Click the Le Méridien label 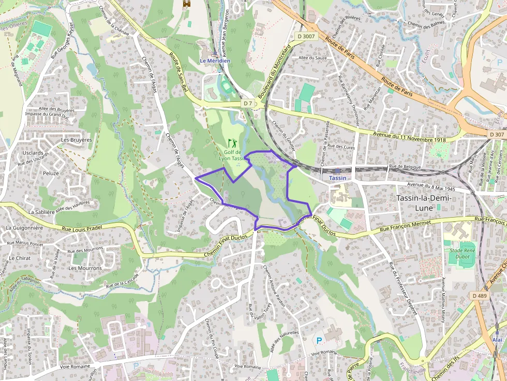coord(215,60)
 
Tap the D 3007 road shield coord(306,36)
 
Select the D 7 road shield coord(248,103)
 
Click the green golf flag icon coord(232,142)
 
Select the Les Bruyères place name coord(76,140)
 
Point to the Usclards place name coord(33,153)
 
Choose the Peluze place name coord(51,173)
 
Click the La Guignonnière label coord(24,227)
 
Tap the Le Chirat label coord(20,258)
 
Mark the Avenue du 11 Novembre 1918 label coord(409,137)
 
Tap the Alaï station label coord(497,340)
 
